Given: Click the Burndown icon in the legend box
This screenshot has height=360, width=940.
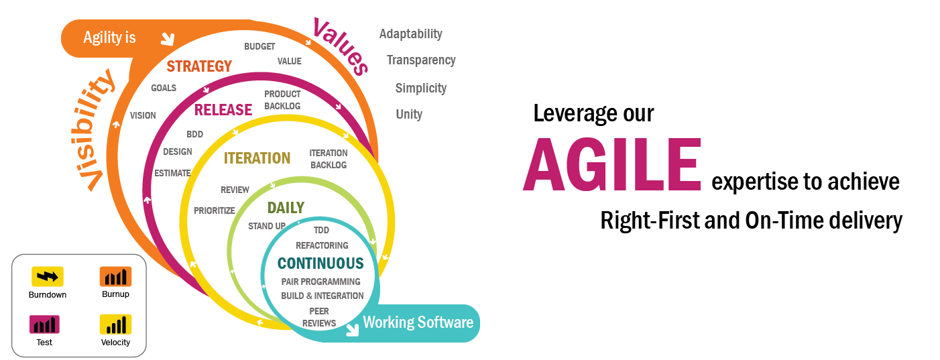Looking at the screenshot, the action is (48, 276).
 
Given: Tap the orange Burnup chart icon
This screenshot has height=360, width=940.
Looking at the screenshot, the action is (115, 276).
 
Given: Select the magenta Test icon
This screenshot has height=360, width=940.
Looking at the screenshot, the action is (44, 324).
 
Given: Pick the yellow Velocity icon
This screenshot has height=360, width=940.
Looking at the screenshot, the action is (115, 324).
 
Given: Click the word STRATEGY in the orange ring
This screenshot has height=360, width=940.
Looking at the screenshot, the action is (199, 66).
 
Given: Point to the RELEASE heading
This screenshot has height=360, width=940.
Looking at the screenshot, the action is (223, 110).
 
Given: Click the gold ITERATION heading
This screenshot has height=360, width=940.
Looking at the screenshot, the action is (257, 158).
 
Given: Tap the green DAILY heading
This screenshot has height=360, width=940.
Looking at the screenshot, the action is (286, 208).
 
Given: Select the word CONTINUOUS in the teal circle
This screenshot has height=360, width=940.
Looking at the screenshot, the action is (320, 263).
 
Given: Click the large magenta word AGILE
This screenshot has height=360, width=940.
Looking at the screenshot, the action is (612, 164).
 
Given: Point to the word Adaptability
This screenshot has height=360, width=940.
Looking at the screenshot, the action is (411, 34).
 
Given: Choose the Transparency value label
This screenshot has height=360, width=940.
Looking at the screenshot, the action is (421, 60).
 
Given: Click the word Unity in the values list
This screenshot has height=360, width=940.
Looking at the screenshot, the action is (409, 114).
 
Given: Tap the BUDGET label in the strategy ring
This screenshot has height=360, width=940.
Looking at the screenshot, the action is (259, 46).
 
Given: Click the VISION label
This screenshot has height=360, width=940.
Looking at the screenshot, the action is (143, 115).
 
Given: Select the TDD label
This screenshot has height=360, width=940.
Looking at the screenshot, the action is (321, 230).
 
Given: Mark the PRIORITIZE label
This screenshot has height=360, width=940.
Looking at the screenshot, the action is (215, 211).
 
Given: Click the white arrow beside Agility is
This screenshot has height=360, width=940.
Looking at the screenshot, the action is (168, 39).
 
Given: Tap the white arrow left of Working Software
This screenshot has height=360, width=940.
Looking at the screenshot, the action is (353, 330).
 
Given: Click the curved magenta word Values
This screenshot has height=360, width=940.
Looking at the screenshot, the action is (341, 46).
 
